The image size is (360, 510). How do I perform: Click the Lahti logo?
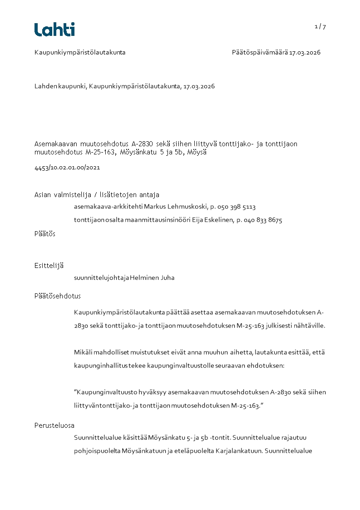click(x=54, y=30)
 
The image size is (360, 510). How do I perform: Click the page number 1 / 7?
click(x=320, y=27)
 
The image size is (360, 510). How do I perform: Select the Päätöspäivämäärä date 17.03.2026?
click(x=305, y=53)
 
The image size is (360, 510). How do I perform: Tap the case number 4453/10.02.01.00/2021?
click(x=67, y=168)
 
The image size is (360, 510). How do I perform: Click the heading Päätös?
click(x=45, y=234)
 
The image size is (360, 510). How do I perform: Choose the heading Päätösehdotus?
click(x=58, y=296)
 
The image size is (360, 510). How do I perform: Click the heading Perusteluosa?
click(x=54, y=426)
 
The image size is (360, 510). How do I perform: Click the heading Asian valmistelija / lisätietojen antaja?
click(x=97, y=195)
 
